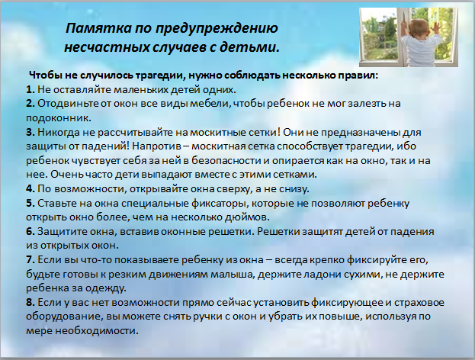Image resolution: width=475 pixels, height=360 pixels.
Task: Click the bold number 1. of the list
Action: click(30, 90)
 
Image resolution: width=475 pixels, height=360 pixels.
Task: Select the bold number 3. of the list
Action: click(30, 133)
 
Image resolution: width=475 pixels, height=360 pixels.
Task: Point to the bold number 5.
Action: click(30, 203)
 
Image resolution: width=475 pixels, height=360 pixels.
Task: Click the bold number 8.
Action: click(30, 303)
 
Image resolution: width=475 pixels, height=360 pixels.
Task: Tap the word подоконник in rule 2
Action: click(57, 118)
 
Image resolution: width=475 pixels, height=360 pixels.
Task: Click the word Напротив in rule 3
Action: click(156, 146)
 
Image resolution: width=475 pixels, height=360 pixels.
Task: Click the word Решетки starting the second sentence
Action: click(278, 232)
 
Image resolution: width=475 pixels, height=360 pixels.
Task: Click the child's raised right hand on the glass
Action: click(435, 28)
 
